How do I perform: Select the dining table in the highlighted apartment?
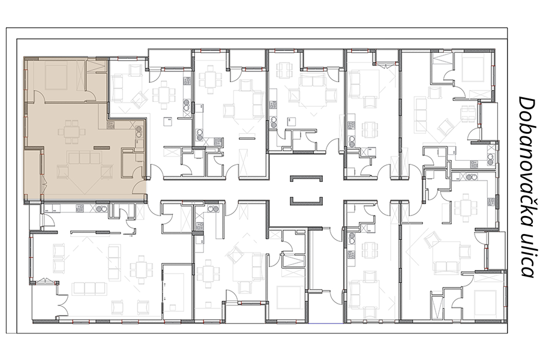point(72,131)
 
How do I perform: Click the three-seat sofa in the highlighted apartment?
point(85,158)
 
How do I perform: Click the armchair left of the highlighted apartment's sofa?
point(62,171)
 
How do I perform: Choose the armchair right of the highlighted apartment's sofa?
point(107,171)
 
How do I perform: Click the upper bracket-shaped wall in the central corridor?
point(307,178)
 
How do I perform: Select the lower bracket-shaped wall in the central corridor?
point(307,200)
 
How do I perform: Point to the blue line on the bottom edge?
point(326,324)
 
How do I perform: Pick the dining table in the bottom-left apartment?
point(141,268)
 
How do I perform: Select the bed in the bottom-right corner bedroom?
point(485,304)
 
